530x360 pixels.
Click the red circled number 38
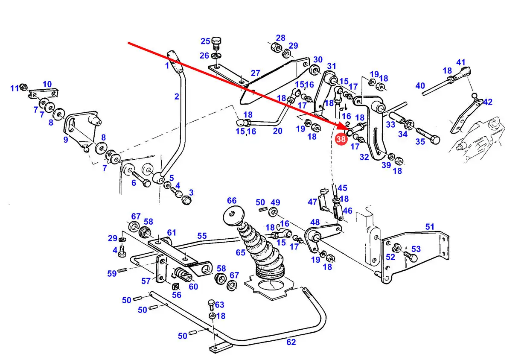(341, 139)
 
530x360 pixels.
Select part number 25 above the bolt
(205, 41)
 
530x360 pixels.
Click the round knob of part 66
(233, 216)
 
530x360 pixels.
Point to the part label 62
(291, 342)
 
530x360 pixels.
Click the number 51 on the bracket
(430, 227)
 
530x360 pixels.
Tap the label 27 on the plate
(256, 73)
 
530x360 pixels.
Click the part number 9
(66, 140)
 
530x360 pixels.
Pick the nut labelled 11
(23, 87)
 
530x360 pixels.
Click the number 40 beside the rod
(420, 85)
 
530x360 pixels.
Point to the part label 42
(488, 102)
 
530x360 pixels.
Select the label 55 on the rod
(202, 236)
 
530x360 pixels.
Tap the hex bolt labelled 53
(410, 257)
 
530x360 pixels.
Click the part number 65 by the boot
(240, 252)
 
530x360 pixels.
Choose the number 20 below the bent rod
(277, 131)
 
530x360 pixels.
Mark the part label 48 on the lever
(315, 222)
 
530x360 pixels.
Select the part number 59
(112, 274)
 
